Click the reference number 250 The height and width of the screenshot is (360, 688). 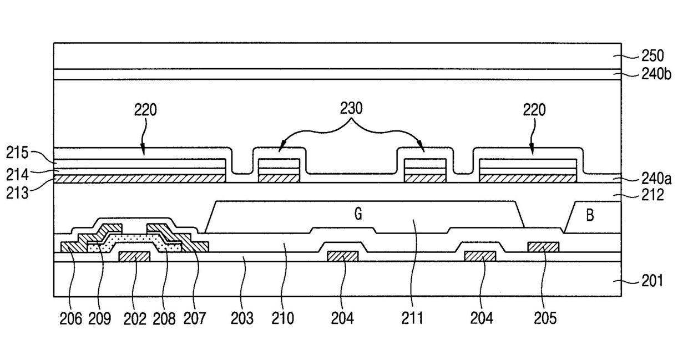(x=652, y=56)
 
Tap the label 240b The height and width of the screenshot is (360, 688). (x=656, y=74)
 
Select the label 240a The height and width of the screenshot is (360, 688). (x=656, y=178)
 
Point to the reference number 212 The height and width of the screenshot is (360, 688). (x=652, y=195)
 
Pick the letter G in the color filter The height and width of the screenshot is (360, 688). (x=359, y=214)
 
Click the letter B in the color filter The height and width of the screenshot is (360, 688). (x=590, y=215)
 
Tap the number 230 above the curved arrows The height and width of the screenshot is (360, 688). (x=351, y=109)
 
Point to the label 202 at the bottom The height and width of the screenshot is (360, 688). (x=135, y=318)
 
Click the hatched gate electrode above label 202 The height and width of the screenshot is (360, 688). (x=135, y=256)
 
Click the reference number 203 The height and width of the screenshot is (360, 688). (x=242, y=318)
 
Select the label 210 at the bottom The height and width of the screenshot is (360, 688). (x=283, y=318)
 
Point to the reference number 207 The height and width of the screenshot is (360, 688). (x=195, y=318)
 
